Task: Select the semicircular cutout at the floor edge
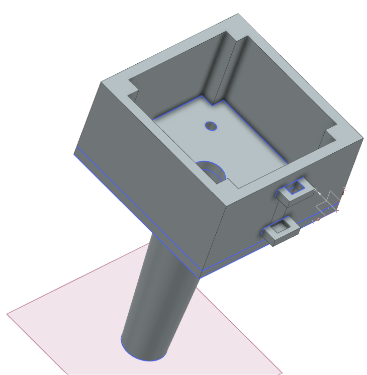tap(212, 171)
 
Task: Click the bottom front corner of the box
tap(202, 276)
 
